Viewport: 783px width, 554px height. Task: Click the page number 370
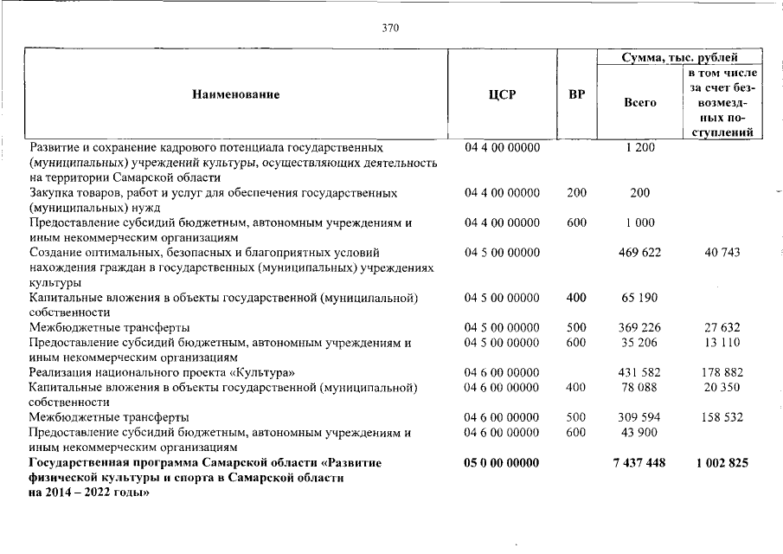click(390, 28)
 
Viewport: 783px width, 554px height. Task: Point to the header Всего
click(639, 102)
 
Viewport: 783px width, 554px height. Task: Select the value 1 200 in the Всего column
click(639, 147)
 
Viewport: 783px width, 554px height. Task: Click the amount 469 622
click(639, 252)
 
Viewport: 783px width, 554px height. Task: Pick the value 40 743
click(722, 252)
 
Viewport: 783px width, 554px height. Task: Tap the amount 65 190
click(639, 298)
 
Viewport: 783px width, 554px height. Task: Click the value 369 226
click(639, 327)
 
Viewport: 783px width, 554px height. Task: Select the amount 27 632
click(722, 327)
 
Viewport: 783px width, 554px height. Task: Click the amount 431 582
click(639, 372)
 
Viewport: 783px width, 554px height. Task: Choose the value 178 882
click(722, 372)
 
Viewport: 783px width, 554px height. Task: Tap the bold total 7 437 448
click(639, 463)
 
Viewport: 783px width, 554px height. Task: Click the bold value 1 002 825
click(722, 463)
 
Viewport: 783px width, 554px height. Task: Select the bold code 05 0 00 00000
click(502, 463)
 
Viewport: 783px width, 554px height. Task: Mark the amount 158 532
click(722, 417)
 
